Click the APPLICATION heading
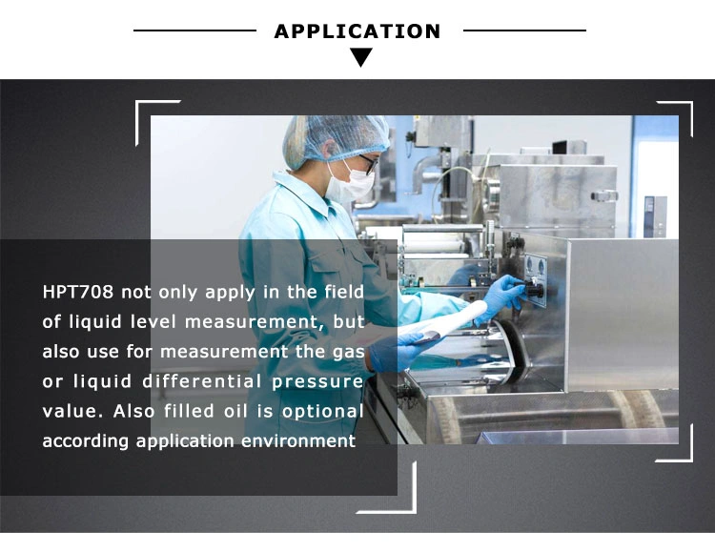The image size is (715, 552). tap(357, 31)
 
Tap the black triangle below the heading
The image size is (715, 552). tap(361, 57)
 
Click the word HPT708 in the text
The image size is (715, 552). tap(77, 292)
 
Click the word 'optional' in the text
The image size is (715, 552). tap(323, 412)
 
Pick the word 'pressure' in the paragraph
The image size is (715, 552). tap(317, 382)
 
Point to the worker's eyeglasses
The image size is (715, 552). tap(368, 163)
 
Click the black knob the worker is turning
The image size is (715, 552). tap(536, 289)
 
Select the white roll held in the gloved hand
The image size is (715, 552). tap(449, 320)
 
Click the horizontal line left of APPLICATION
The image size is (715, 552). tap(194, 31)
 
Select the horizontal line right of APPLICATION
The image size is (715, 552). tap(524, 31)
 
